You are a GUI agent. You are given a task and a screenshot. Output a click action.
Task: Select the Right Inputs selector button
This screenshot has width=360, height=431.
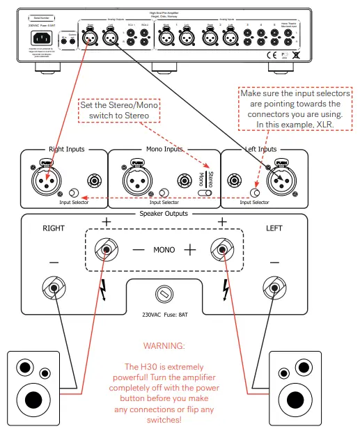click(74, 192)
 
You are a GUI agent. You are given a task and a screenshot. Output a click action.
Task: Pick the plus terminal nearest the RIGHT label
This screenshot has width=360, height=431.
click(107, 249)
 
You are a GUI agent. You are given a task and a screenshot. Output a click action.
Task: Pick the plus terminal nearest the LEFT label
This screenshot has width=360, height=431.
click(222, 249)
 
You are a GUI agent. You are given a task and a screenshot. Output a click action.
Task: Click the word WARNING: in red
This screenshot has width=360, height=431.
click(164, 345)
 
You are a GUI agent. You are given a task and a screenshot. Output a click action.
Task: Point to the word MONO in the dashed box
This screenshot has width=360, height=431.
click(164, 249)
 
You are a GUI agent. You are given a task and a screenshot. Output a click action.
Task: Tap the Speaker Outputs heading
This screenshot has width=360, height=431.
click(164, 214)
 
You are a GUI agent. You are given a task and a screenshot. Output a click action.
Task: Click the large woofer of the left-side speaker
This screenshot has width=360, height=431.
click(33, 399)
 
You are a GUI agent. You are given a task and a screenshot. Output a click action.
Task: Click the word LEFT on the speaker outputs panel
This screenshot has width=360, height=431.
click(274, 228)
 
